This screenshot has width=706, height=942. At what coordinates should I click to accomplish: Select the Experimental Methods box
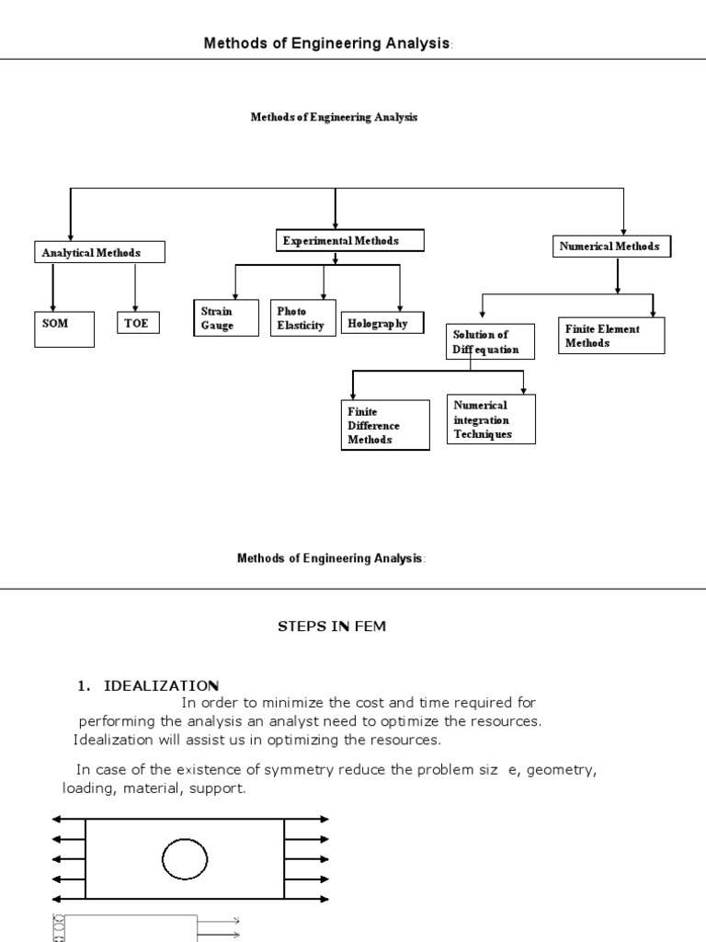(x=350, y=241)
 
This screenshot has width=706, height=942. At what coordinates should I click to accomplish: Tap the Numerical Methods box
(x=613, y=247)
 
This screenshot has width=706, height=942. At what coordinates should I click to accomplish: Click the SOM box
(x=64, y=328)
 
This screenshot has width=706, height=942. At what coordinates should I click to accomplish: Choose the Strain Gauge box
(x=225, y=318)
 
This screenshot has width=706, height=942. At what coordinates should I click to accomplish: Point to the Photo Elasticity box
(x=303, y=318)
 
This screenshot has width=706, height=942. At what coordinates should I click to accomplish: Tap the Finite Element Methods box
(x=611, y=335)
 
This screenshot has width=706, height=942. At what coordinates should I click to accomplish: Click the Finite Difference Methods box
(x=385, y=425)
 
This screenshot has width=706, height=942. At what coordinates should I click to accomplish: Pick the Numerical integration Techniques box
(x=492, y=419)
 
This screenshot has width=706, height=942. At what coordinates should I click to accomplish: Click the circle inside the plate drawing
(x=185, y=860)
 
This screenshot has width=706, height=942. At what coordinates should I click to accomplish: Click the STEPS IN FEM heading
(x=333, y=626)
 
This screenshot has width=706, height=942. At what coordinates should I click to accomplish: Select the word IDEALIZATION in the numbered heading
(x=162, y=685)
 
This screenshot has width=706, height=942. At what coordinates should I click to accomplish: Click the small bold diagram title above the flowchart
(x=335, y=118)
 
